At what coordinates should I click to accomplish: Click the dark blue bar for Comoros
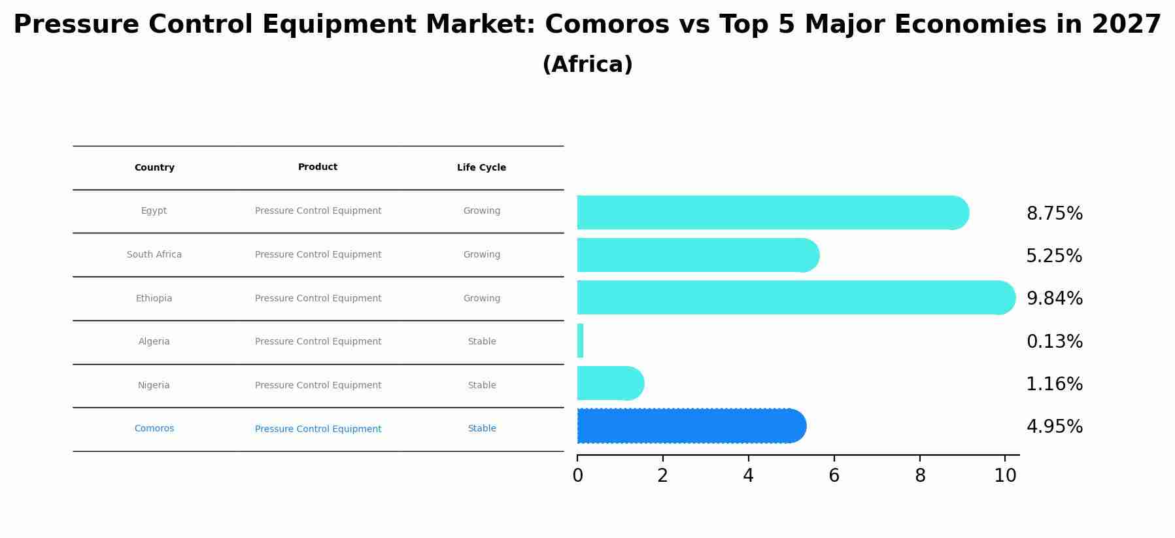point(690,426)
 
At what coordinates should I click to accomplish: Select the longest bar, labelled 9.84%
point(794,297)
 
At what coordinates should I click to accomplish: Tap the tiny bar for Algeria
point(580,341)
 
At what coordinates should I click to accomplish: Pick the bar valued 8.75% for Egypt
point(772,212)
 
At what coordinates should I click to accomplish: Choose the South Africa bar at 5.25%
point(697,255)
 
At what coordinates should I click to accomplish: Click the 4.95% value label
point(1054,427)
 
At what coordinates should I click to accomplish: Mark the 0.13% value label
point(1054,342)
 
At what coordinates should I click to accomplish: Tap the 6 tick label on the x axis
point(834,476)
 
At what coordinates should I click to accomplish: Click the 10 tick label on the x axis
point(1005,476)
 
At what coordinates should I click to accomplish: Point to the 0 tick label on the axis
point(577,476)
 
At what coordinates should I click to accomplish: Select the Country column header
point(154,168)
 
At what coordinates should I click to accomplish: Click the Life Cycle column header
point(481,168)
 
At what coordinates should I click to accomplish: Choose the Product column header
point(318,167)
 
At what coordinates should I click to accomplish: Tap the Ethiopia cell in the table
point(154,299)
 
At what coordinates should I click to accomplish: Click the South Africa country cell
point(154,255)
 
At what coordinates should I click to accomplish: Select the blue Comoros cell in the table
point(154,429)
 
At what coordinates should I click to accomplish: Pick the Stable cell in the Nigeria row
point(482,386)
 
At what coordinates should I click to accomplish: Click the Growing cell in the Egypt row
point(482,211)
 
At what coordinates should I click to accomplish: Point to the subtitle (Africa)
point(587,65)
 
